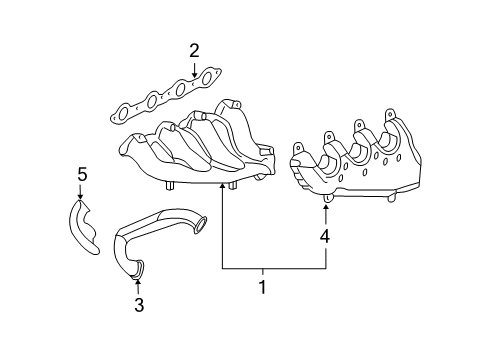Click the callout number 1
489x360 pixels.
pos(263,287)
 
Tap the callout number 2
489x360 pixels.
pos(194,50)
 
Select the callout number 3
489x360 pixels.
pos(139,305)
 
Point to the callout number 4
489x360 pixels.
pos(324,237)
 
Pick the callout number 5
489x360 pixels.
pos(83,177)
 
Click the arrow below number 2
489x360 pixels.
pos(194,69)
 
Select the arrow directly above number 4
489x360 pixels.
pos(324,208)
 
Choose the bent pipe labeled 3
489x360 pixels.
pos(150,236)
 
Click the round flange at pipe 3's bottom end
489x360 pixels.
pos(139,267)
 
